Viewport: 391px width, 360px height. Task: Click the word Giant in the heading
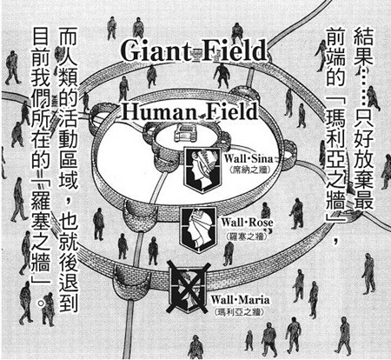(156, 51)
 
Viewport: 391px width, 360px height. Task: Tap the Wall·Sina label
(249, 159)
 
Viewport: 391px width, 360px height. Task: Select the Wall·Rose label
(247, 223)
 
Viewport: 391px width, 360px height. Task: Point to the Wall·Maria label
(240, 300)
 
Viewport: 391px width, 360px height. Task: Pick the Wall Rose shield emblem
(198, 229)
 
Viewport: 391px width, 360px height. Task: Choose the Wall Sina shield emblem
(203, 170)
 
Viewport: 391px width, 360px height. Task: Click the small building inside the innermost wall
(184, 133)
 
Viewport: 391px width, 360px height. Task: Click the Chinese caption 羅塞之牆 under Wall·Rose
(246, 237)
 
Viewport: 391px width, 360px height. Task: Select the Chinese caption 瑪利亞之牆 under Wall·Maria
(239, 312)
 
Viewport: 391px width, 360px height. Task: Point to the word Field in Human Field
(229, 111)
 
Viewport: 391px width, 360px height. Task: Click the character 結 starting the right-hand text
(364, 37)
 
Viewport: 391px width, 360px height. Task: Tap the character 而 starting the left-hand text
(69, 37)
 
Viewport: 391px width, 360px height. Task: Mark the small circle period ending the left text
(42, 303)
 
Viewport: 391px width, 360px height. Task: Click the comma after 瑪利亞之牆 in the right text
(336, 240)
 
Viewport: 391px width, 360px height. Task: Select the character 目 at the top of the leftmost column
(41, 37)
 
